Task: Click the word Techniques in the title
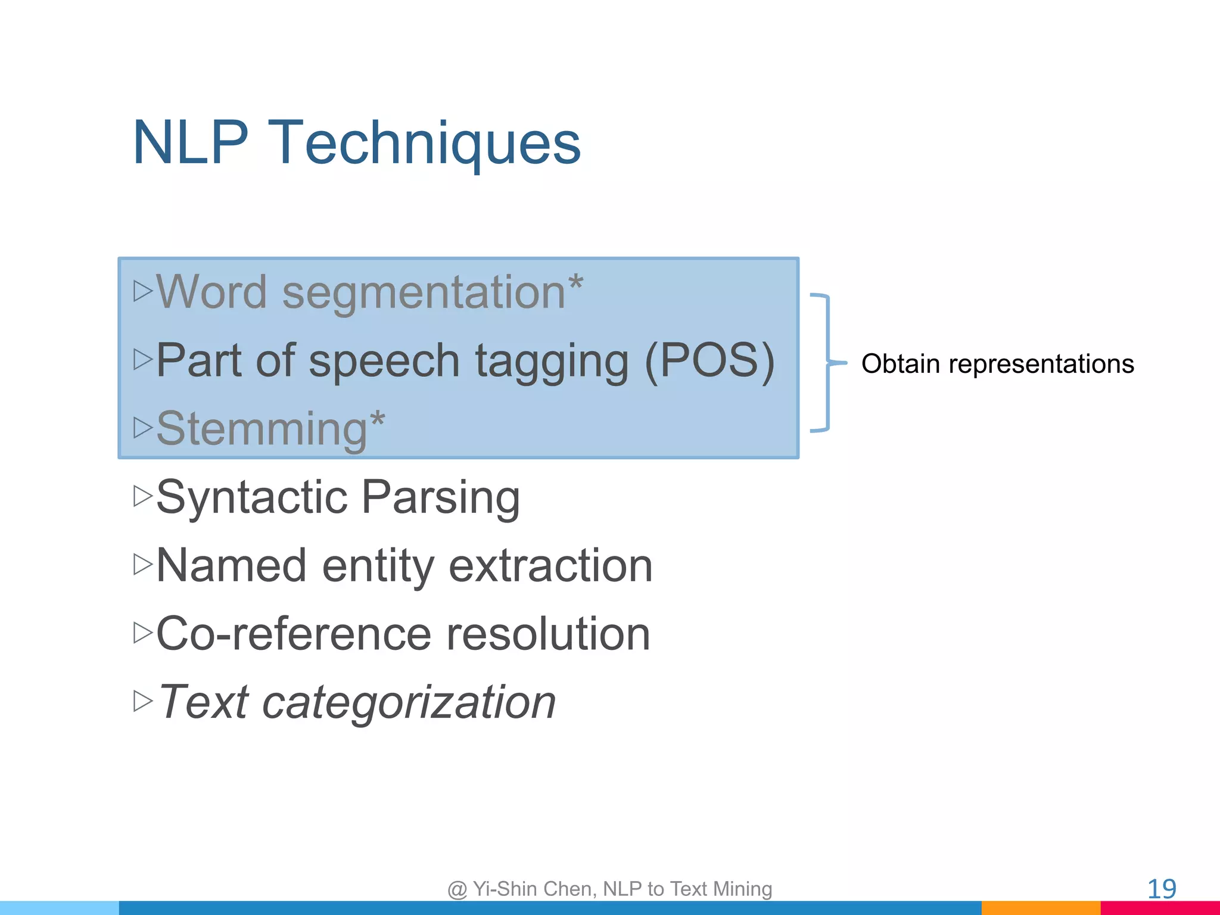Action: [424, 143]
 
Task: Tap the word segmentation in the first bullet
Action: [423, 293]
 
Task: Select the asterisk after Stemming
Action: [377, 421]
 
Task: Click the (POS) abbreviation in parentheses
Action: [709, 361]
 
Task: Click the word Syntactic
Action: [251, 497]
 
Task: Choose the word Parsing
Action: [441, 498]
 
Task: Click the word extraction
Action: [550, 566]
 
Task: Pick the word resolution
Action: [548, 634]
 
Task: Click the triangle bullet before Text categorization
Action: [143, 701]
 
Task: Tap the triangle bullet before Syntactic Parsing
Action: [143, 496]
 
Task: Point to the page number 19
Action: [1161, 889]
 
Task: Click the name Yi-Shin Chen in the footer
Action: [534, 889]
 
